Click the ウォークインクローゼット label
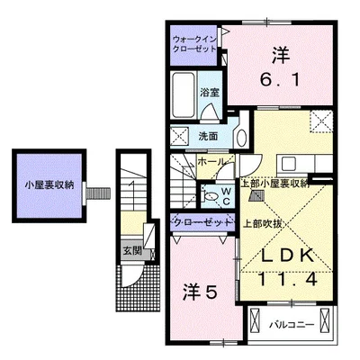pyautogui.click(x=194, y=44)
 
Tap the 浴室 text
pyautogui.click(x=210, y=93)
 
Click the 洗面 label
pyautogui.click(x=208, y=137)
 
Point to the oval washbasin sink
pyautogui.click(x=242, y=139)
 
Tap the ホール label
pyautogui.click(x=211, y=162)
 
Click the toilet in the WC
pyautogui.click(x=211, y=196)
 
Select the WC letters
pyautogui.click(x=226, y=196)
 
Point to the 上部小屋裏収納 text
pyautogui.click(x=275, y=184)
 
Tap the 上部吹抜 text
pyautogui.click(x=262, y=224)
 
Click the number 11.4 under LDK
pyautogui.click(x=287, y=280)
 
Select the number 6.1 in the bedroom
pyautogui.click(x=280, y=80)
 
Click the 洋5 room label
pyautogui.click(x=200, y=292)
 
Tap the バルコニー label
pyautogui.click(x=292, y=325)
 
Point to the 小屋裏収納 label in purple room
pyautogui.click(x=49, y=185)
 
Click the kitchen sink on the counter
pyautogui.click(x=288, y=164)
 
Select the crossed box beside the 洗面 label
pyautogui.click(x=179, y=137)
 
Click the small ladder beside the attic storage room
pyautogui.click(x=98, y=193)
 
